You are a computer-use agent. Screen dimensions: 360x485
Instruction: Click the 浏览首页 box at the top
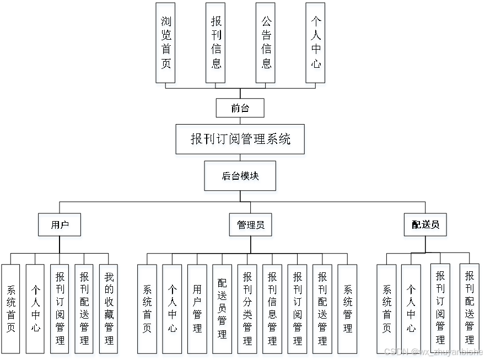click(165, 43)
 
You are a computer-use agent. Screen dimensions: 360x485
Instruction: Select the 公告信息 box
click(266, 43)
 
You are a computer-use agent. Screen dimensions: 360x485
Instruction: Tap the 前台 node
click(240, 108)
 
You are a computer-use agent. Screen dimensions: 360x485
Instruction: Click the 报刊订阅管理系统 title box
click(240, 139)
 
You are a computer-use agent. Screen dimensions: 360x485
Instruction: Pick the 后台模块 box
click(240, 176)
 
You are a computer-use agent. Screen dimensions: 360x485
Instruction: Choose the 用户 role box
click(59, 224)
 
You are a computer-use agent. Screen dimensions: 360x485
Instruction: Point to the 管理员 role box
click(250, 224)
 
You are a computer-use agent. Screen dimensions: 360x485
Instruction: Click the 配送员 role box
click(425, 224)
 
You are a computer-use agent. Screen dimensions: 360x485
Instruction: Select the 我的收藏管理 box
click(109, 309)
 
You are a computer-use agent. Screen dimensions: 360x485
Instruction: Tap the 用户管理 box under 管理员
click(197, 309)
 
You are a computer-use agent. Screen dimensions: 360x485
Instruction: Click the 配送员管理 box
click(222, 309)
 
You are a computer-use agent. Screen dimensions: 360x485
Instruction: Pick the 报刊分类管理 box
click(247, 309)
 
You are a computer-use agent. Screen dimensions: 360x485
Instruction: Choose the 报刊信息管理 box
click(272, 309)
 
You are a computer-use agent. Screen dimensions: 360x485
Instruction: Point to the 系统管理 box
click(347, 309)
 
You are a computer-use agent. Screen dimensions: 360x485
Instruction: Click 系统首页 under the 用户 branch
click(10, 309)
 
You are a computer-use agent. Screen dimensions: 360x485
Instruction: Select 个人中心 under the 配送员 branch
click(411, 309)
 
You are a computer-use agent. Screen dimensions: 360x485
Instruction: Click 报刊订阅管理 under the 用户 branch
click(60, 309)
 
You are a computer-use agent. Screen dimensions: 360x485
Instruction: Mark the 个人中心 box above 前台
click(315, 43)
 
